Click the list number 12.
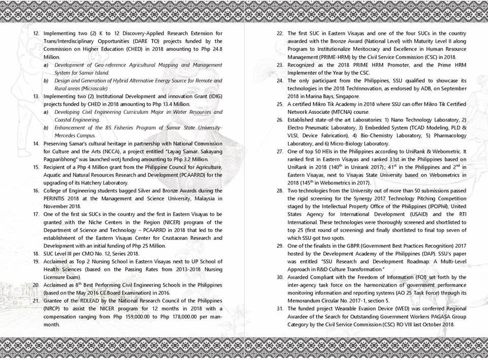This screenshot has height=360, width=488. (x=36, y=32)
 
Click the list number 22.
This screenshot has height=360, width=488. (x=280, y=33)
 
